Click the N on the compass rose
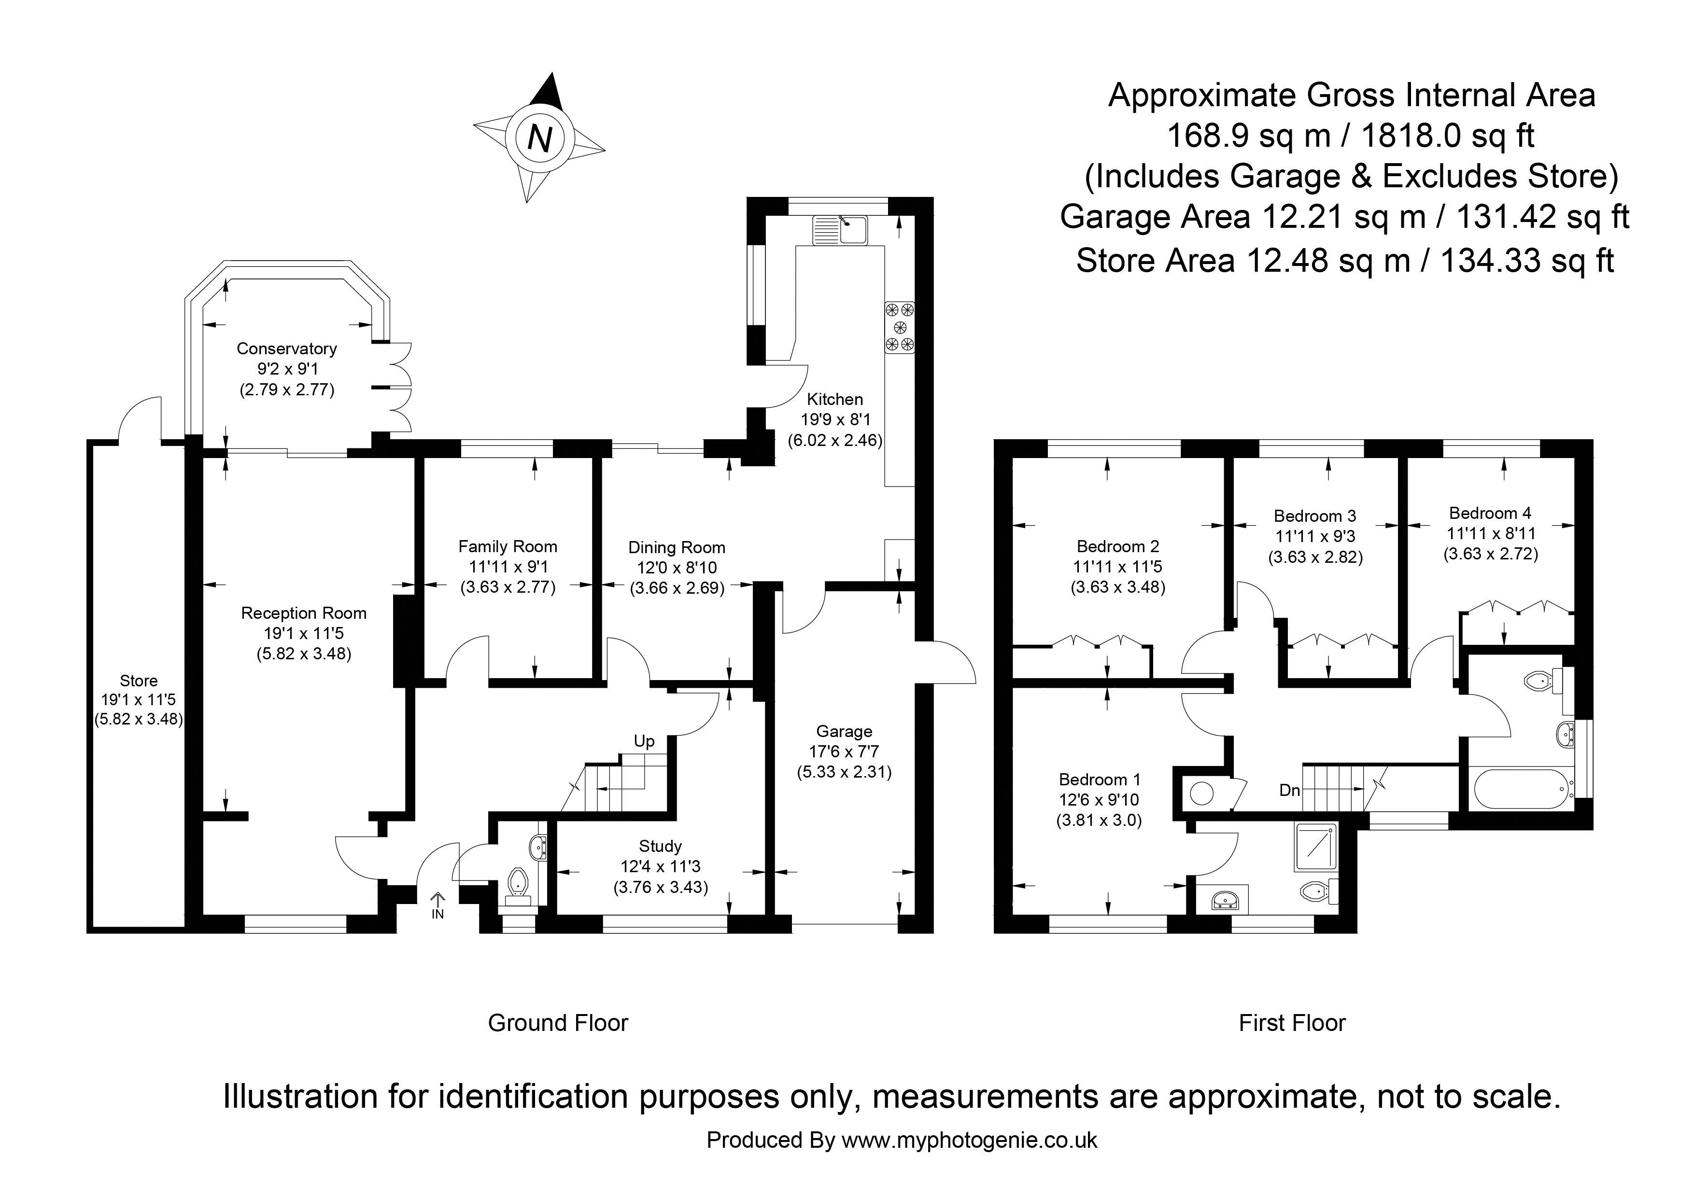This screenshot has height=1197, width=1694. click(540, 139)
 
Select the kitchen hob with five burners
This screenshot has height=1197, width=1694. click(899, 327)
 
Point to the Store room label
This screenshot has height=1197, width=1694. click(139, 681)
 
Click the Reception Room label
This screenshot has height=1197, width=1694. click(303, 613)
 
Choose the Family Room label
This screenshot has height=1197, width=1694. click(508, 546)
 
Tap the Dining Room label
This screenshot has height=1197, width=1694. click(677, 548)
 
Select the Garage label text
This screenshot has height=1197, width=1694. click(844, 732)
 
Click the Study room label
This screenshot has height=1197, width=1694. click(660, 846)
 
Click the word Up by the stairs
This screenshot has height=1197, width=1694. click(644, 741)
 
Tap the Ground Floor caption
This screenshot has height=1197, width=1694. click(558, 1023)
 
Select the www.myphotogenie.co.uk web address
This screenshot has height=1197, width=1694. click(969, 1140)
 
